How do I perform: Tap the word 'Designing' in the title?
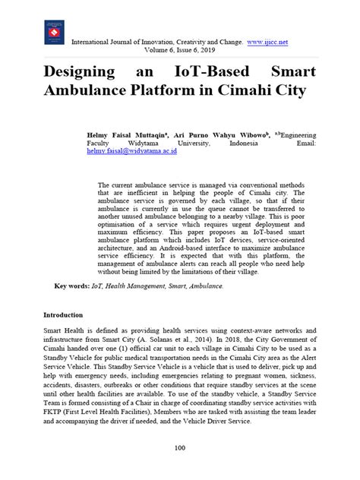coord(74,73)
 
